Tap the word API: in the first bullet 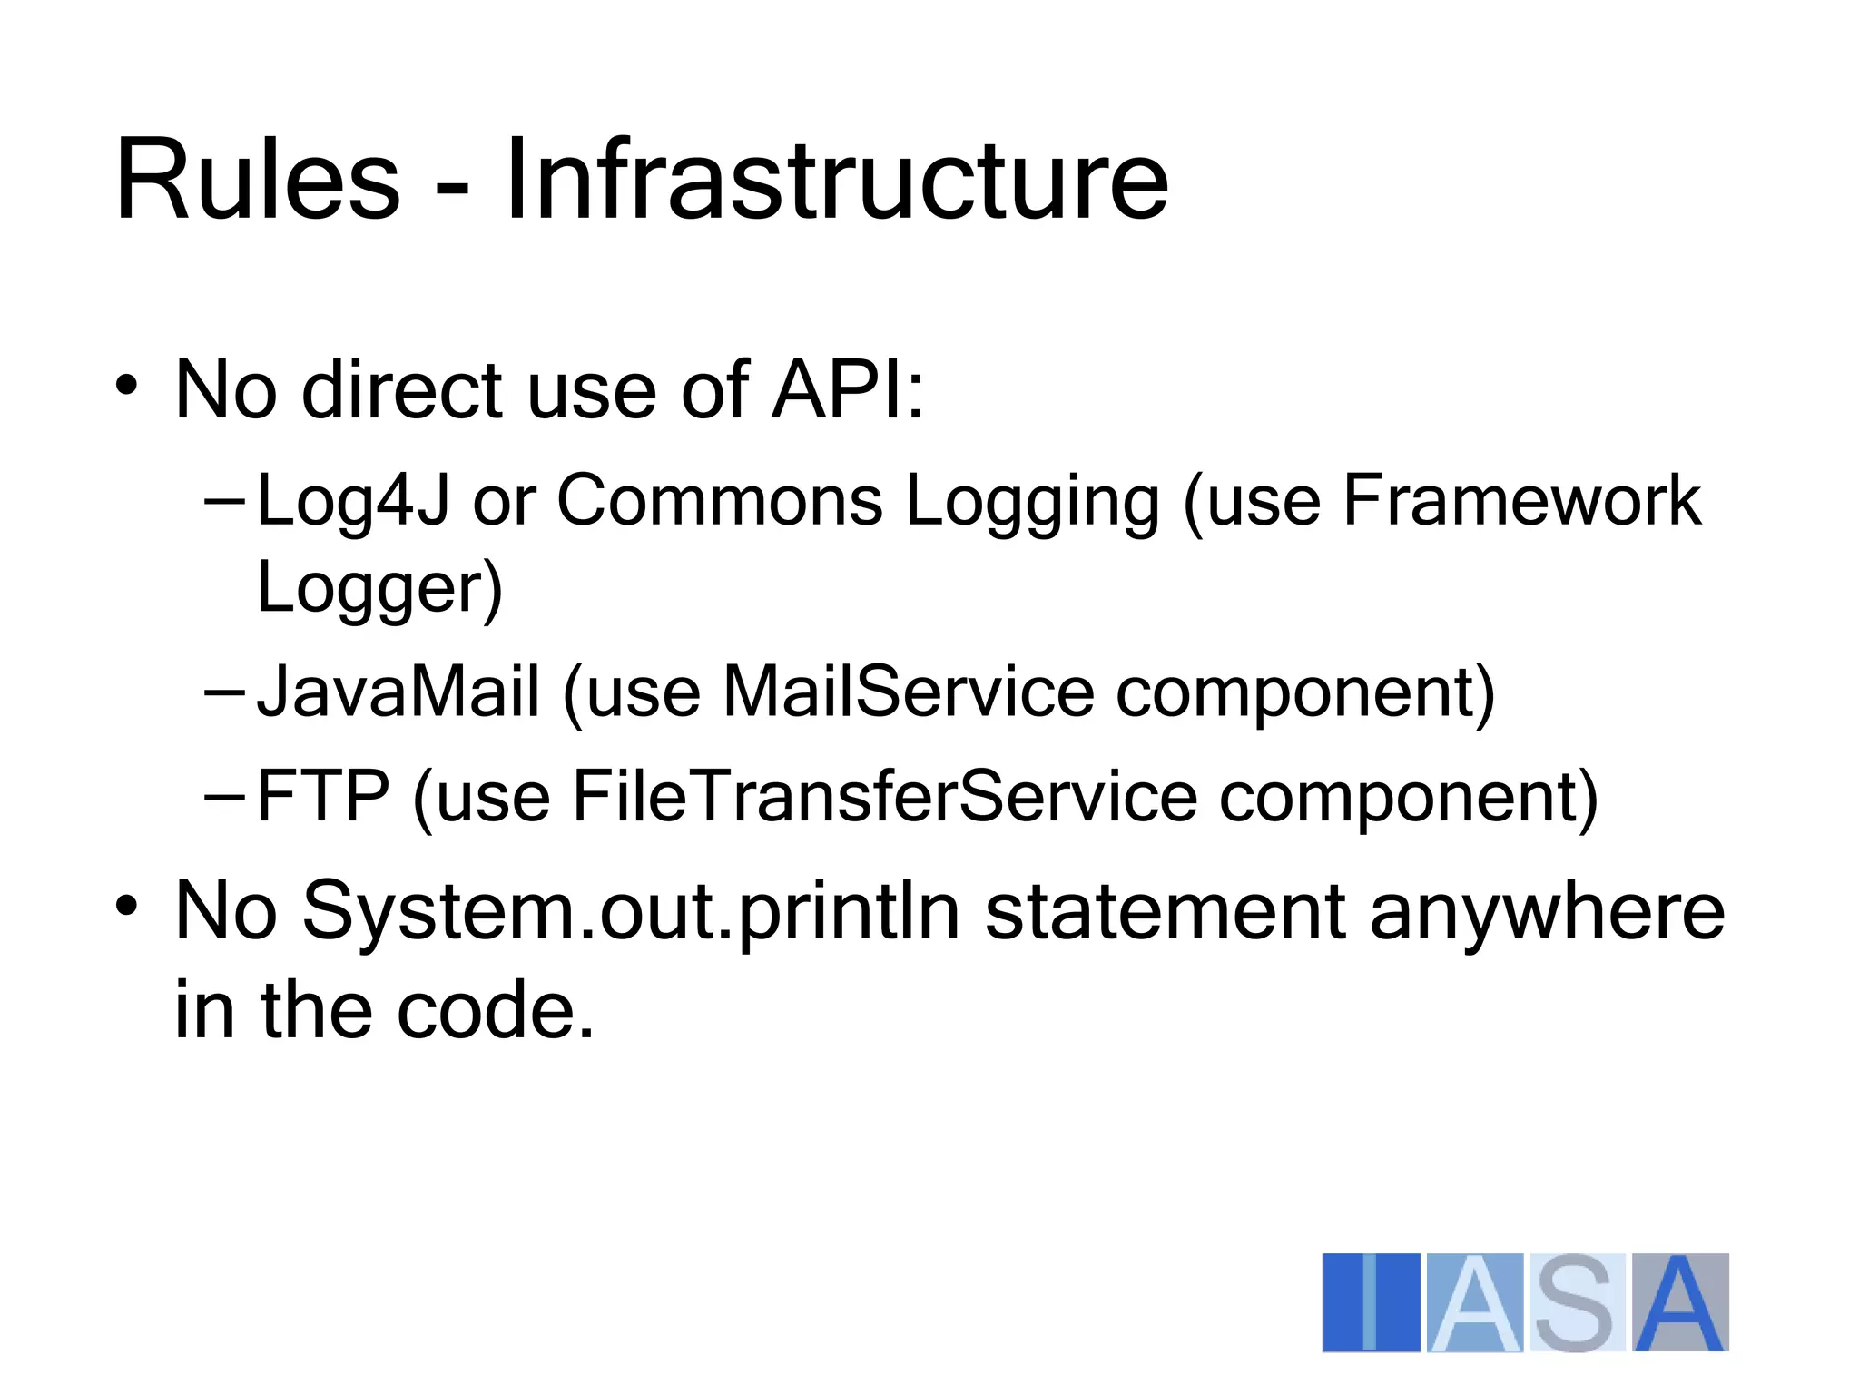coord(848,390)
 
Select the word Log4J coord(353,501)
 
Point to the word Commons coord(719,501)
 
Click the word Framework coord(1520,501)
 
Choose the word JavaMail coord(398,693)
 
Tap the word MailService coord(908,693)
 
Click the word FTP coord(322,797)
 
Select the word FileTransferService coord(884,797)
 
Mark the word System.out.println coord(630,912)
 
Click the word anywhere coord(1546,912)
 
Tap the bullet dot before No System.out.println coord(126,905)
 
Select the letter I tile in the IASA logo coord(1371,1302)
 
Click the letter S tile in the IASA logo coord(1577,1302)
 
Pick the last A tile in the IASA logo coord(1679,1302)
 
